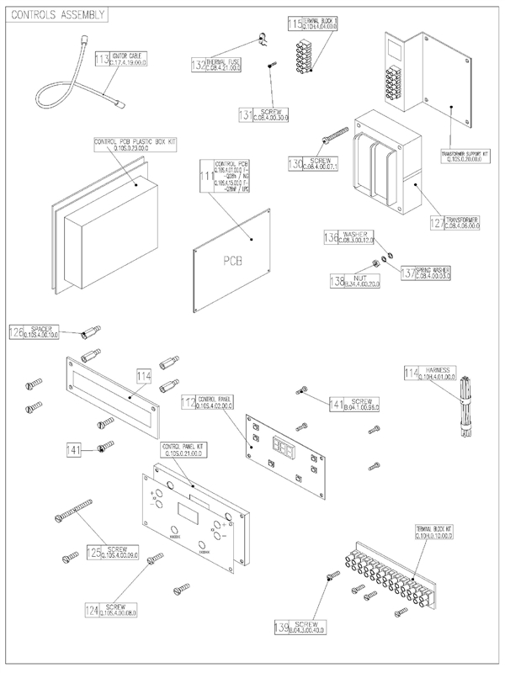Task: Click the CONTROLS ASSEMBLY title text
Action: tap(56, 14)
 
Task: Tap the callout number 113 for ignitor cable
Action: tap(102, 59)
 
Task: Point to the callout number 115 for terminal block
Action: tap(294, 23)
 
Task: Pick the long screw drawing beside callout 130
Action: tap(334, 134)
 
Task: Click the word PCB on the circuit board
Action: tap(231, 260)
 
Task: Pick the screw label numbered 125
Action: tap(114, 552)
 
